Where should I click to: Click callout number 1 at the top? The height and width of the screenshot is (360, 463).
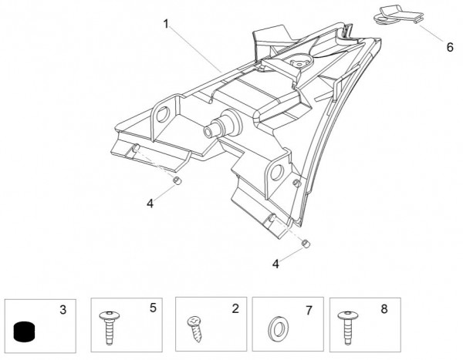coord(165,25)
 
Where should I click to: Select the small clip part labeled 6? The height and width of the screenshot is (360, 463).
coord(397,16)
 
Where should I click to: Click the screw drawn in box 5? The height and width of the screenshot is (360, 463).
coord(109,327)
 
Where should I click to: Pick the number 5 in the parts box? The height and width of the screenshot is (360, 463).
coord(152,308)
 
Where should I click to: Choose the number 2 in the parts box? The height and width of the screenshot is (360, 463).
coord(234,308)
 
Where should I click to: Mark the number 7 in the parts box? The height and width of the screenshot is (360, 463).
coord(309,310)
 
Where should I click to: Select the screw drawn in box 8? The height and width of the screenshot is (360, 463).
coord(345,328)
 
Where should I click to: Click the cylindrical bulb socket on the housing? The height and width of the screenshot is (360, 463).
coord(217,127)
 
